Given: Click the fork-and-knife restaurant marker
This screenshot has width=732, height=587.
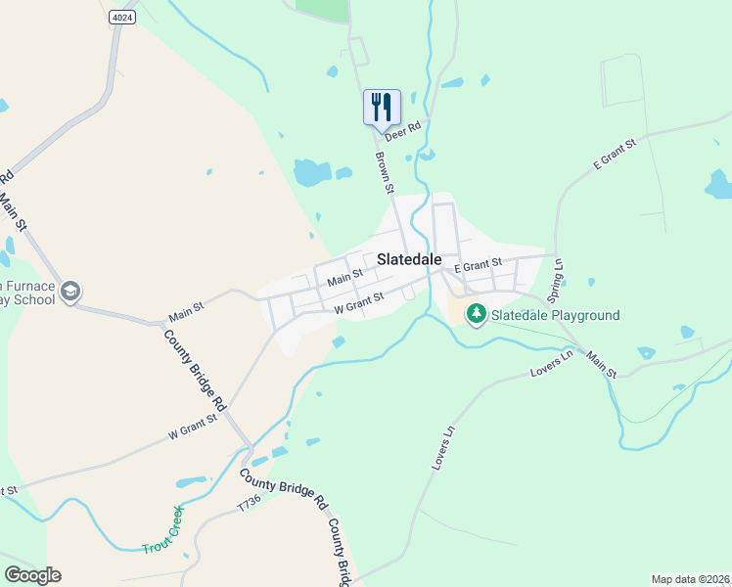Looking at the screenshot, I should [382, 107].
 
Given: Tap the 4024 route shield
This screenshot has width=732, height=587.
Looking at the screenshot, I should [121, 17].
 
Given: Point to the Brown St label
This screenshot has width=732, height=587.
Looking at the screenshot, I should [385, 172].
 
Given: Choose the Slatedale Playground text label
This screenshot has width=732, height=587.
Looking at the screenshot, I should [555, 315].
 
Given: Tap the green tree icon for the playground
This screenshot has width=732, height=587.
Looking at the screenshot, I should [476, 314].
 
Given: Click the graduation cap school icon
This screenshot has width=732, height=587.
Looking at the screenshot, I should [69, 291].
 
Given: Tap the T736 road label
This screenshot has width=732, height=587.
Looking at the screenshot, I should [252, 504].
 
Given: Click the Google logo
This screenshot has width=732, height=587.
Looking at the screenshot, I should [32, 575].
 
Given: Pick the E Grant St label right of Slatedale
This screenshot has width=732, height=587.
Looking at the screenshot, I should [478, 264].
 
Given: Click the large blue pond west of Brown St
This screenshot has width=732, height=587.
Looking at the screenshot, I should [311, 173].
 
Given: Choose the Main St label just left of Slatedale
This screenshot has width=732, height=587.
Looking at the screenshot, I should [345, 280].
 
